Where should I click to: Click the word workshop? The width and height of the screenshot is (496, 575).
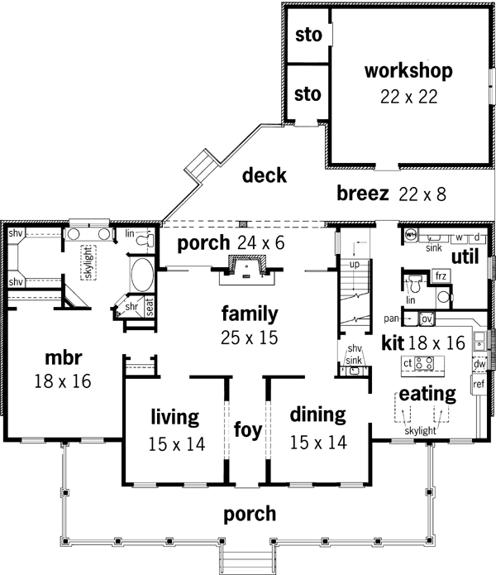pos(408,70)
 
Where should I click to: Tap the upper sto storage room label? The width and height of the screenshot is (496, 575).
pos(307,36)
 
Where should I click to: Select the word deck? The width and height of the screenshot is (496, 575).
pos(265,175)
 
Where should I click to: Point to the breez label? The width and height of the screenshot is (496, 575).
pos(363,194)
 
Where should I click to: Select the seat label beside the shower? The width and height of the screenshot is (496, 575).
pos(150,305)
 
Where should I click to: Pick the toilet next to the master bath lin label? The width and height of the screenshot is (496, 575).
pos(146,240)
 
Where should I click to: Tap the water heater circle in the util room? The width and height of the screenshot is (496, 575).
pos(411,235)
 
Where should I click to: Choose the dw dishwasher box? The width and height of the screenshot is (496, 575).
pos(479,364)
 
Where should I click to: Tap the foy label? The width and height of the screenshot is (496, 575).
pos(247,431)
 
